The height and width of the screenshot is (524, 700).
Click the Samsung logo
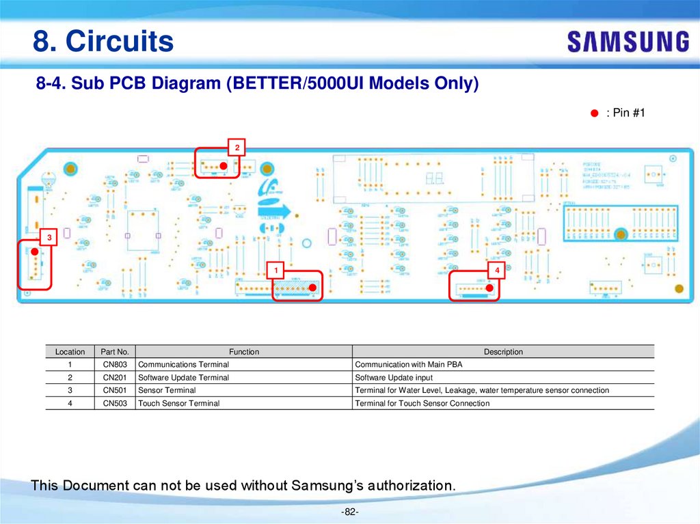[x=628, y=42]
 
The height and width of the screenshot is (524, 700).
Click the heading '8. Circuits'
[x=103, y=42]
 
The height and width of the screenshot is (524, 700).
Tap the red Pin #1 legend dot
[x=595, y=113]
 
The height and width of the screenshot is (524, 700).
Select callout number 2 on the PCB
[x=237, y=148]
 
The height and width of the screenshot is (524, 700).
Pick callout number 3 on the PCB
[x=49, y=237]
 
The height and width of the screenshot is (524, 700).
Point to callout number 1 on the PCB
[x=275, y=271]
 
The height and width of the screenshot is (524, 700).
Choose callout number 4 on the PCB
[x=497, y=271]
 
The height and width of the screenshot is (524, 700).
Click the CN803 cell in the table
[x=114, y=365]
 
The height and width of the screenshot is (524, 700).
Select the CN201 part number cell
[x=114, y=378]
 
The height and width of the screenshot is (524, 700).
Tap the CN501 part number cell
[x=114, y=390]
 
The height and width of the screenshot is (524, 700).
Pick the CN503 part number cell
[x=114, y=403]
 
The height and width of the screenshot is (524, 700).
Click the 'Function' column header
[x=244, y=352]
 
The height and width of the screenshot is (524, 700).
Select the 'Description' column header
[x=503, y=352]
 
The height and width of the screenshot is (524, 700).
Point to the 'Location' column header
[x=70, y=352]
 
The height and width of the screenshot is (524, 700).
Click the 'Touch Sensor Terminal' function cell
[x=179, y=403]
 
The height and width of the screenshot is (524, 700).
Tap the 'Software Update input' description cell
[x=394, y=378]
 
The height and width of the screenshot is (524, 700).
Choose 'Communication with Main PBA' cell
[x=409, y=365]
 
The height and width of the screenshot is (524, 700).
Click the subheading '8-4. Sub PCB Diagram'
[x=258, y=84]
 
